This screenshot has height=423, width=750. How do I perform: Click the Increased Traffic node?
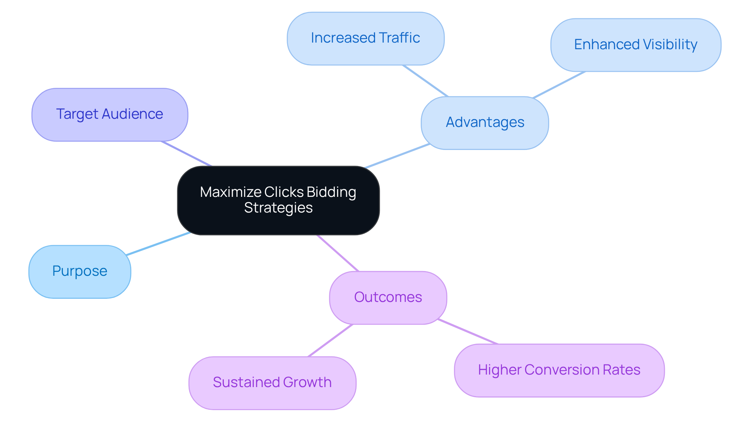click(x=365, y=38)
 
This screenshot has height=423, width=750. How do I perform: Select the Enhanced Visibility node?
click(x=636, y=45)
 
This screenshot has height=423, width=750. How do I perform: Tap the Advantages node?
click(x=485, y=123)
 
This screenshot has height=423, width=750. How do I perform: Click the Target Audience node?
click(x=110, y=114)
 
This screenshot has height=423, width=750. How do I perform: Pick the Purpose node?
click(x=80, y=271)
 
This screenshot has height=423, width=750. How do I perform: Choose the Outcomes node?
click(x=388, y=298)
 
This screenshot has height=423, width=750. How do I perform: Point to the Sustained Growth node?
click(x=272, y=383)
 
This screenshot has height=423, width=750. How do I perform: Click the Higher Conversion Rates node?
click(x=559, y=370)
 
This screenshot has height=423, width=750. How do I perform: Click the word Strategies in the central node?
click(x=278, y=208)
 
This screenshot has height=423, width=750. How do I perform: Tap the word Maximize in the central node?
click(x=230, y=192)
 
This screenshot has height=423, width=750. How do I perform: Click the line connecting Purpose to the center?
click(x=158, y=244)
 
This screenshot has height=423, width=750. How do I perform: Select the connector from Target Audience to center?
click(x=186, y=154)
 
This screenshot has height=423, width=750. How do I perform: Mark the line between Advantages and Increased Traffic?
click(x=425, y=81)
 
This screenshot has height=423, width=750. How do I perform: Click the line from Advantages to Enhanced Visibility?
click(x=559, y=84)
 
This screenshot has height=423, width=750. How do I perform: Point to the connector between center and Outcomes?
click(x=337, y=253)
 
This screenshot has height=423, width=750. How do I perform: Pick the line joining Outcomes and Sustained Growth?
click(x=330, y=340)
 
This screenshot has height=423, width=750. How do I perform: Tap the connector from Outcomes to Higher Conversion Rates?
click(x=468, y=332)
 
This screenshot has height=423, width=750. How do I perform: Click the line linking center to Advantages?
click(x=397, y=156)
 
